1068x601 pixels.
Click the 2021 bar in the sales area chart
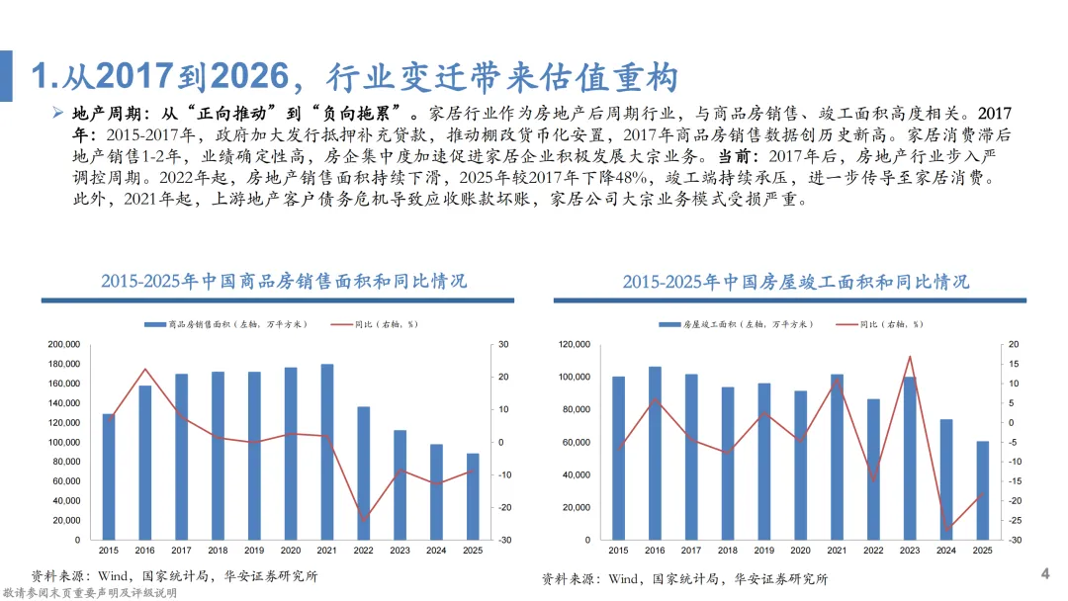pyautogui.click(x=327, y=452)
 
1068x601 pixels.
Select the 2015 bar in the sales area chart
pyautogui.click(x=109, y=476)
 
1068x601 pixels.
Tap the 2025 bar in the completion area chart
pyautogui.click(x=982, y=490)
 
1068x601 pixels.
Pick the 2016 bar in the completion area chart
pyautogui.click(x=655, y=454)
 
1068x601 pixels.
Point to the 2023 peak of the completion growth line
pyautogui.click(x=910, y=357)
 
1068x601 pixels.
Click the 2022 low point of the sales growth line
pyautogui.click(x=364, y=521)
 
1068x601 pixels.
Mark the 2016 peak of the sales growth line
pyautogui.click(x=145, y=370)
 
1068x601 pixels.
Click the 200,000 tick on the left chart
pyautogui.click(x=64, y=344)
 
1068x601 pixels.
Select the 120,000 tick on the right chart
pyautogui.click(x=575, y=344)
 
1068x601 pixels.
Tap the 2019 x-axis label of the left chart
pyautogui.click(x=254, y=550)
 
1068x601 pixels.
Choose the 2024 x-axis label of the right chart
pyautogui.click(x=946, y=550)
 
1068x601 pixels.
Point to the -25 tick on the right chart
pyautogui.click(x=1015, y=521)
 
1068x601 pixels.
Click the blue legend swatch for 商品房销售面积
pyautogui.click(x=155, y=324)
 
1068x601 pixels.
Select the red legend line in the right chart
pyautogui.click(x=846, y=324)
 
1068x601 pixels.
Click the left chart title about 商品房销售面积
pyautogui.click(x=284, y=281)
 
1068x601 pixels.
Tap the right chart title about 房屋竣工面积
pyautogui.click(x=795, y=282)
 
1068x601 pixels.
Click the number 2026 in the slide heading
pyautogui.click(x=250, y=75)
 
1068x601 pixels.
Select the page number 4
pyautogui.click(x=1045, y=573)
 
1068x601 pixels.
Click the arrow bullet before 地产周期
pyautogui.click(x=58, y=113)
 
